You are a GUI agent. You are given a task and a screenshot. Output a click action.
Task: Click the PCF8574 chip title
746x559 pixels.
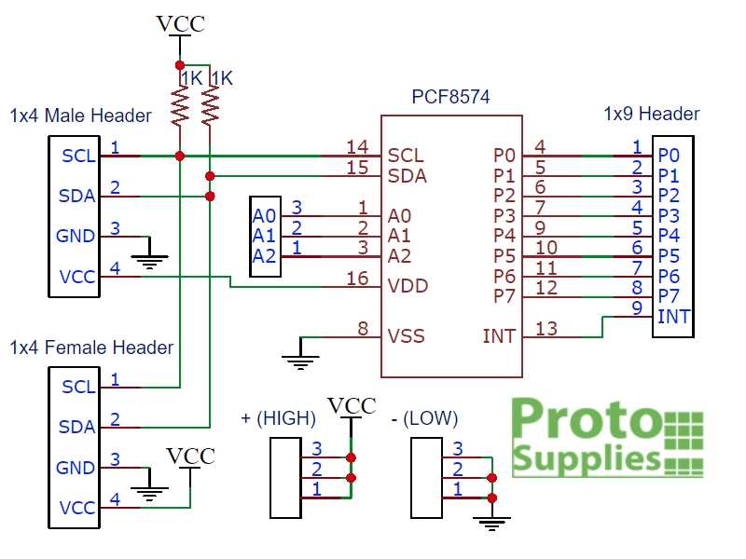tap(450, 97)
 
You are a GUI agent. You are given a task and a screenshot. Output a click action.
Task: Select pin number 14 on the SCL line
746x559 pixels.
tap(357, 146)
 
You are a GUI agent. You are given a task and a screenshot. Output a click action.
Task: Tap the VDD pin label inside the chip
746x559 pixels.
tap(408, 285)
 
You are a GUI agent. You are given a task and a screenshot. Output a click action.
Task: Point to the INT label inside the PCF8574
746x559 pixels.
tap(499, 336)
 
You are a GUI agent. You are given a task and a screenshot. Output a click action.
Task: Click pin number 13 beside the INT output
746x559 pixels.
tap(546, 327)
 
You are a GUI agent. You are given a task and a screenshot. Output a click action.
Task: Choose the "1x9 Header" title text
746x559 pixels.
tap(651, 114)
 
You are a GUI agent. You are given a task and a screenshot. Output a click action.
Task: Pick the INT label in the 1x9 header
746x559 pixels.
tap(673, 317)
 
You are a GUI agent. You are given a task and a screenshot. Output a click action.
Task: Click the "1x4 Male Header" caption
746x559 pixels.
tap(80, 116)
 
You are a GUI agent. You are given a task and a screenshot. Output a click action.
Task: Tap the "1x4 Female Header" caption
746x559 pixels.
tap(91, 348)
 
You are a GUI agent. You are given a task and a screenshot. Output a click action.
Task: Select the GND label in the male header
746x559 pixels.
tap(76, 237)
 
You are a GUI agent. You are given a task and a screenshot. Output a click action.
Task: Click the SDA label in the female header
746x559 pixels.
tap(76, 427)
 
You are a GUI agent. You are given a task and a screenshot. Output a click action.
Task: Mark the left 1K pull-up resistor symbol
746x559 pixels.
tap(180, 106)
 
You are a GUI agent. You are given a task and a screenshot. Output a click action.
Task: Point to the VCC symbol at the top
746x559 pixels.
tap(180, 25)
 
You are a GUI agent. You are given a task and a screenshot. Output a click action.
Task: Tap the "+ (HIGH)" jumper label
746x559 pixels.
tap(278, 418)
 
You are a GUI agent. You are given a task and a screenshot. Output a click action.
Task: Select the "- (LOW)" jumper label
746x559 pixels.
tap(424, 418)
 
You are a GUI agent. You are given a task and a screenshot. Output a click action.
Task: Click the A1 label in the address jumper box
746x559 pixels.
tap(264, 236)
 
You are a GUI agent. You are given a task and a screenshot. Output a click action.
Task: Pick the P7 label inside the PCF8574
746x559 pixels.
tap(504, 296)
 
